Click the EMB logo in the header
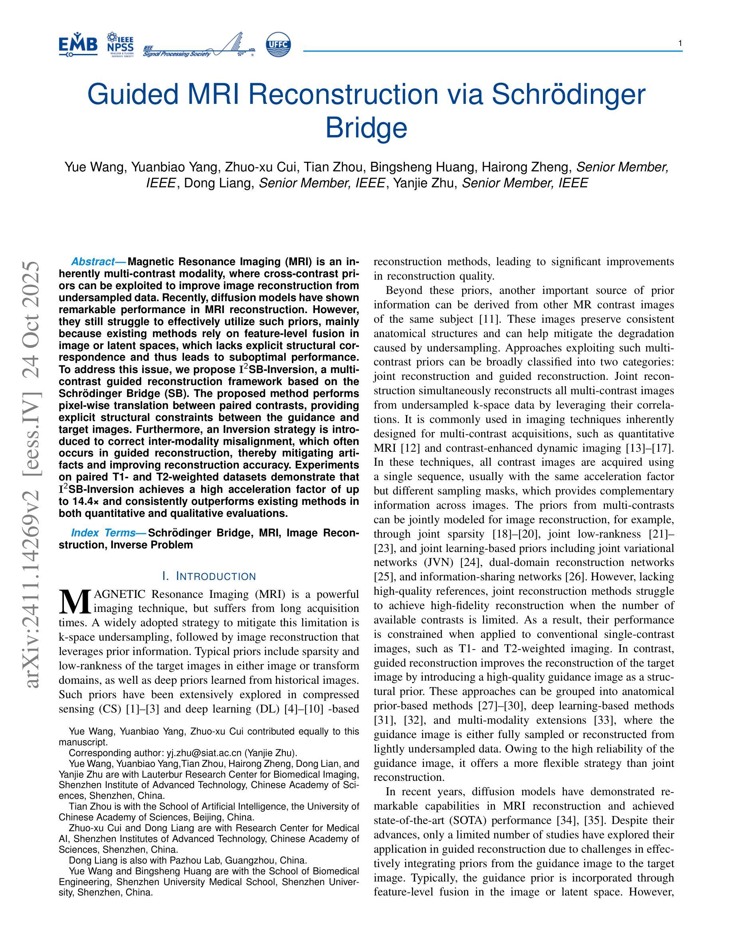[78, 45]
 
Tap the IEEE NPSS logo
[120, 45]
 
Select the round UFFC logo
[278, 45]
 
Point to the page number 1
[680, 43]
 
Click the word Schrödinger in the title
[569, 94]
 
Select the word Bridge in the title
[366, 127]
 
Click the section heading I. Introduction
[209, 577]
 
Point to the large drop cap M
[75, 601]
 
